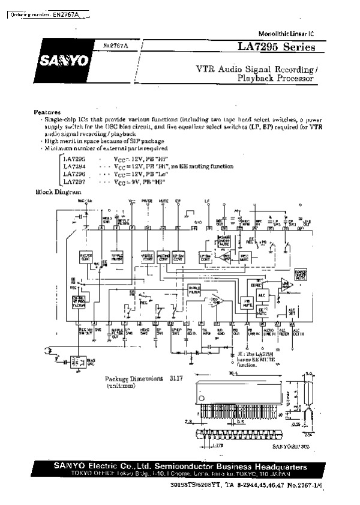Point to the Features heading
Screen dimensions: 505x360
click(47, 112)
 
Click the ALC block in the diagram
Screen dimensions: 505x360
click(262, 296)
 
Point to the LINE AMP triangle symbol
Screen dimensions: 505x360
click(286, 284)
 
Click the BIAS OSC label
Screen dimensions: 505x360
click(91, 363)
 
